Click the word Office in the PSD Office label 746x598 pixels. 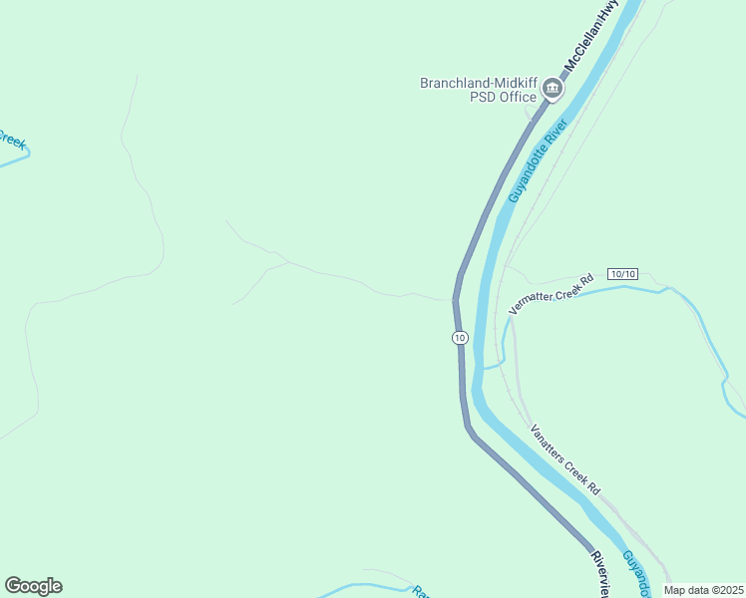point(516,97)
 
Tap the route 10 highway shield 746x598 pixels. point(459,338)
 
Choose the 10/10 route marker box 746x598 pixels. point(621,273)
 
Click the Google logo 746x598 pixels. point(33,586)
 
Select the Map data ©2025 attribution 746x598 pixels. point(704,590)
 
